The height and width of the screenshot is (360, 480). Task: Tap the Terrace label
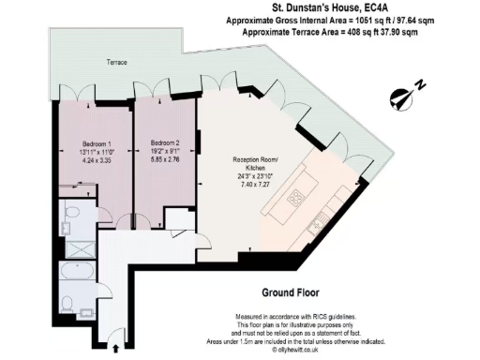click(x=116, y=63)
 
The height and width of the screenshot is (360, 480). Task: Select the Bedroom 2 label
click(x=164, y=144)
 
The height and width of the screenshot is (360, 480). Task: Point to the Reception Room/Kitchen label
click(x=258, y=164)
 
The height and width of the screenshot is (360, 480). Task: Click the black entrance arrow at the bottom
click(x=116, y=348)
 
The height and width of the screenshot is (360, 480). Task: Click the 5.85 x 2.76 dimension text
click(x=164, y=160)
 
